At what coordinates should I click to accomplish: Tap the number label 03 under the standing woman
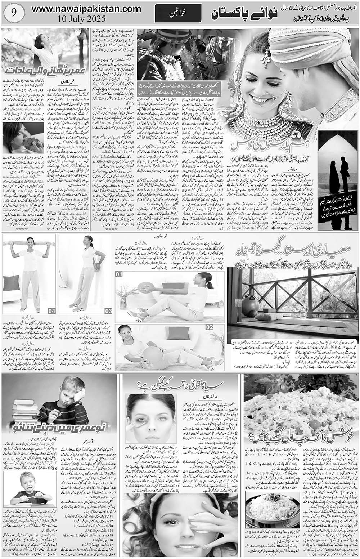pyautogui.click(x=108, y=311)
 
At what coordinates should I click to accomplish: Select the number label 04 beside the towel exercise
pyautogui.click(x=51, y=310)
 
